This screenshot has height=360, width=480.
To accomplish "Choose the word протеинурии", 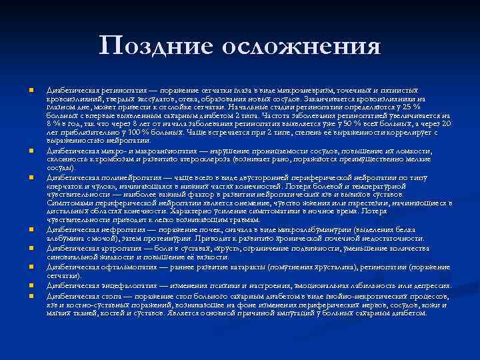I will point(151,238).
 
